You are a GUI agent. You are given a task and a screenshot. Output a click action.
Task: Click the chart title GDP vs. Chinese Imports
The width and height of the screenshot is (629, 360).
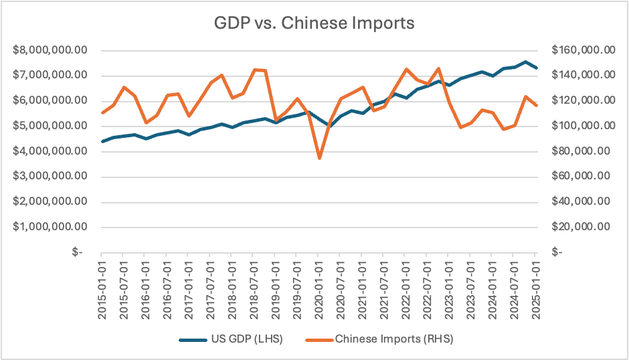(x=314, y=23)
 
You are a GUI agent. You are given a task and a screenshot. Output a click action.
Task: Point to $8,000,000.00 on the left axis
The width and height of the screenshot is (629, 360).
(x=50, y=50)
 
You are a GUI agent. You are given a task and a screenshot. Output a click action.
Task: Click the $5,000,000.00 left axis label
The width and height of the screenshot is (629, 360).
(x=50, y=126)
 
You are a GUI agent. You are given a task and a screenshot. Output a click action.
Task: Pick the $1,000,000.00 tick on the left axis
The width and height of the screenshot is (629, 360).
(x=50, y=227)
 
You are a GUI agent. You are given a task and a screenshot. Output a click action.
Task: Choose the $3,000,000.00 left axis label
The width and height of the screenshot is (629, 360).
(x=50, y=177)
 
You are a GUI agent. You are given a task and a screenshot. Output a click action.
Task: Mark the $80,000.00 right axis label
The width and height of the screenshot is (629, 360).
(x=584, y=151)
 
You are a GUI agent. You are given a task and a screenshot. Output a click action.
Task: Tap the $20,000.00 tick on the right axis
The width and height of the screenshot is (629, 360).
(x=584, y=227)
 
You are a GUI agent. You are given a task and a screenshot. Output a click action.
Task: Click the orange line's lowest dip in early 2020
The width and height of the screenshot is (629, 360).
(x=319, y=158)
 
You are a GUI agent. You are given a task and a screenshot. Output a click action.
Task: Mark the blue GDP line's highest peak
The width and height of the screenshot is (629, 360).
(x=525, y=62)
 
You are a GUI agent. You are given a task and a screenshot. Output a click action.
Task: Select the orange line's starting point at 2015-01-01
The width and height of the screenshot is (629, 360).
(x=102, y=112)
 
